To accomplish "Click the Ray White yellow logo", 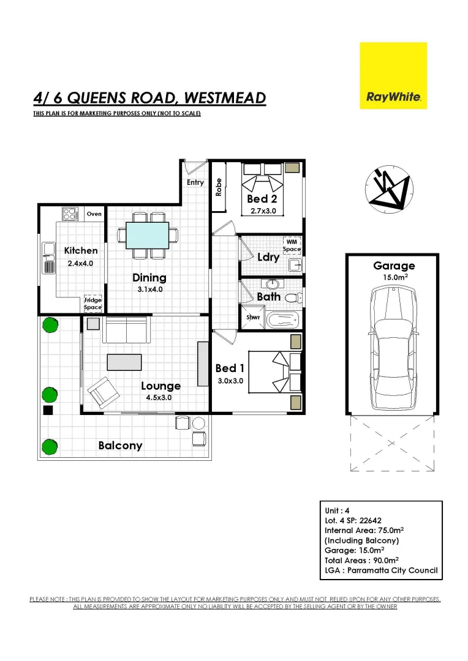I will [x=393, y=75].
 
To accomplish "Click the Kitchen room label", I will [x=81, y=250].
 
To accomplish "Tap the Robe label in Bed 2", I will [x=219, y=186].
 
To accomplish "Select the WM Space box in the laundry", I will [x=292, y=245].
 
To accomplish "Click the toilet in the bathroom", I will [x=293, y=297].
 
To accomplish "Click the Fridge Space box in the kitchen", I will [x=93, y=304].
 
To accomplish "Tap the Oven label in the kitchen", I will [x=94, y=214].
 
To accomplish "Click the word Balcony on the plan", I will [x=120, y=446].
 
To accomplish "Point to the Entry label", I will [x=195, y=182].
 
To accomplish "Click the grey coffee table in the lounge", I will [x=124, y=362].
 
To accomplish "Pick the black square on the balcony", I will [x=48, y=411].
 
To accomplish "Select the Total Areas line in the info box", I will [x=361, y=560].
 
